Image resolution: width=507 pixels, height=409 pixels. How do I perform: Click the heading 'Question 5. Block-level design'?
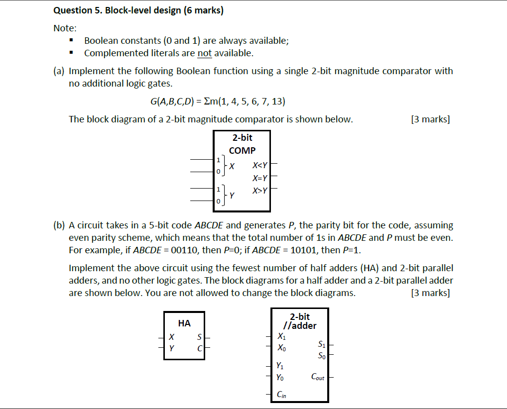coord(138,10)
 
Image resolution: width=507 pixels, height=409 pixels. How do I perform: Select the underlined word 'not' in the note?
coord(205,53)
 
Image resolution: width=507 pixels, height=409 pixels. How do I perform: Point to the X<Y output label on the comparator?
coord(259,165)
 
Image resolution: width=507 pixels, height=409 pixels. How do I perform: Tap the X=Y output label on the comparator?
coord(259,178)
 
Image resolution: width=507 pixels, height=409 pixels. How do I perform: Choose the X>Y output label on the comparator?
coord(259,190)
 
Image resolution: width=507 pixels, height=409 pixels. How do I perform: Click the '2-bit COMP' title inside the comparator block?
coord(242,144)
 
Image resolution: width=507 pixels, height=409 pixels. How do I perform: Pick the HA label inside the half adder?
coord(184,323)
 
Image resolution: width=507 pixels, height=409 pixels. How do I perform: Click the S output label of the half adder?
coord(199,338)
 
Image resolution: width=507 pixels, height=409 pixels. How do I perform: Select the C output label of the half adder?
coord(199,349)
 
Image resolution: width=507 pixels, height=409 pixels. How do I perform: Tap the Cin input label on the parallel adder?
coord(281,395)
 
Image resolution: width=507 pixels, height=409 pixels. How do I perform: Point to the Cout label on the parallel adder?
coord(317,377)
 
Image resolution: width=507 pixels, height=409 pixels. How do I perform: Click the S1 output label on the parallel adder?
coord(321,344)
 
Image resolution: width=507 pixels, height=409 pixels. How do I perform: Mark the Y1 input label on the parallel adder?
coord(280,366)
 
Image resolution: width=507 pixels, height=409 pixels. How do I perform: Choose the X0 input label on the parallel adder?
coord(281,348)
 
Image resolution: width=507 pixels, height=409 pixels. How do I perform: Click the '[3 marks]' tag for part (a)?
coord(430,119)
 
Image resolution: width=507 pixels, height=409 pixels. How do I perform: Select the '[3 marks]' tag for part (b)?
coord(430,293)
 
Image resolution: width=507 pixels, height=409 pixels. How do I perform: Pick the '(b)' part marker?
coord(59,225)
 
